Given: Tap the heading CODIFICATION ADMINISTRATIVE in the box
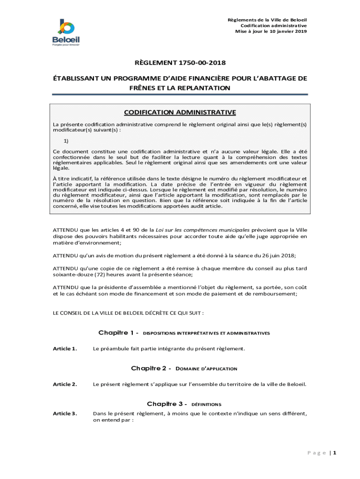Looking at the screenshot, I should pos(180,112).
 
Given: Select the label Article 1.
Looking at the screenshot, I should pos(65,348).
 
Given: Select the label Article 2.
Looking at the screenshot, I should pos(65,385).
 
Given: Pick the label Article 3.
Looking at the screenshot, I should pos(65,414).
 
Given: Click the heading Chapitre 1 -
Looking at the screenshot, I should pos(118,333).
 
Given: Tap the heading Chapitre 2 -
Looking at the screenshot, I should pos(151,369).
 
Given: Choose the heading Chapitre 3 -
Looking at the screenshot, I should pos(167,404).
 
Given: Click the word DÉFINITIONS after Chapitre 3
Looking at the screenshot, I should pos(206,404).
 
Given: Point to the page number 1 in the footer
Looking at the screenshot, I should pos(335,453).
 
